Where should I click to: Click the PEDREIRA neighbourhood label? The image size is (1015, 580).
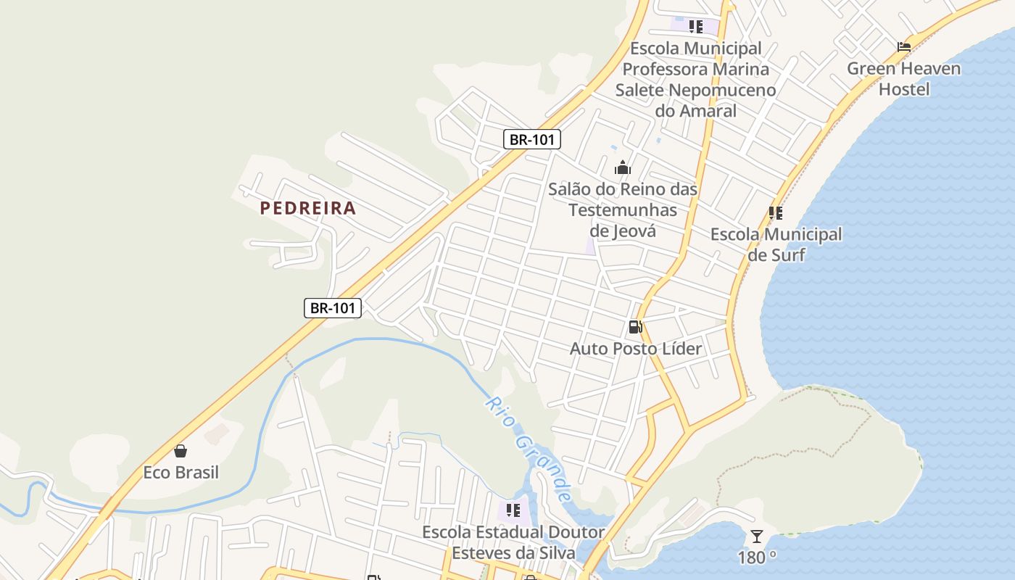308,208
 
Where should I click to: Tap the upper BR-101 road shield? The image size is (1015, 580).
532,139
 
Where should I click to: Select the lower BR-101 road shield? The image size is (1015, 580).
333,307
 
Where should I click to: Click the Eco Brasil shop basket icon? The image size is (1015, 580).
181,451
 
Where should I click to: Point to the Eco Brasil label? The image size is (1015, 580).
181,472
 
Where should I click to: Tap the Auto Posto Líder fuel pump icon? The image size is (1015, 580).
635,327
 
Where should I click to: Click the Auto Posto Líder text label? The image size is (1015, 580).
636,349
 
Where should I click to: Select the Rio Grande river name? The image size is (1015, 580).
527,449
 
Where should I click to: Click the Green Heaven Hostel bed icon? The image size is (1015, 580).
903,47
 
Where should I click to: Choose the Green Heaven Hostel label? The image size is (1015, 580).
904,79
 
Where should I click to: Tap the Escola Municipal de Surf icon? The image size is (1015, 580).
776,213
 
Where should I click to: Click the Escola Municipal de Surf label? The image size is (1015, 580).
776,244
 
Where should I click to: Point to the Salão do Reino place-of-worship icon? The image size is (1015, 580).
622,168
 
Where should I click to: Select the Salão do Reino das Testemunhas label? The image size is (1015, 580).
623,210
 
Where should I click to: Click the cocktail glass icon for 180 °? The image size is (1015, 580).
757,536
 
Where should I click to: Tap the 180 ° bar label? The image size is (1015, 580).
757,557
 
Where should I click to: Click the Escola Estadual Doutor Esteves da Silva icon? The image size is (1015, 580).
513,510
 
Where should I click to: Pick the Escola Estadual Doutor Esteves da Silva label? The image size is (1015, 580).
513,542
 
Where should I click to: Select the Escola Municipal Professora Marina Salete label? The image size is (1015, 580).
696,79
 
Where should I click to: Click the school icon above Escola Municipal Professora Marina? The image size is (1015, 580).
696,27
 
